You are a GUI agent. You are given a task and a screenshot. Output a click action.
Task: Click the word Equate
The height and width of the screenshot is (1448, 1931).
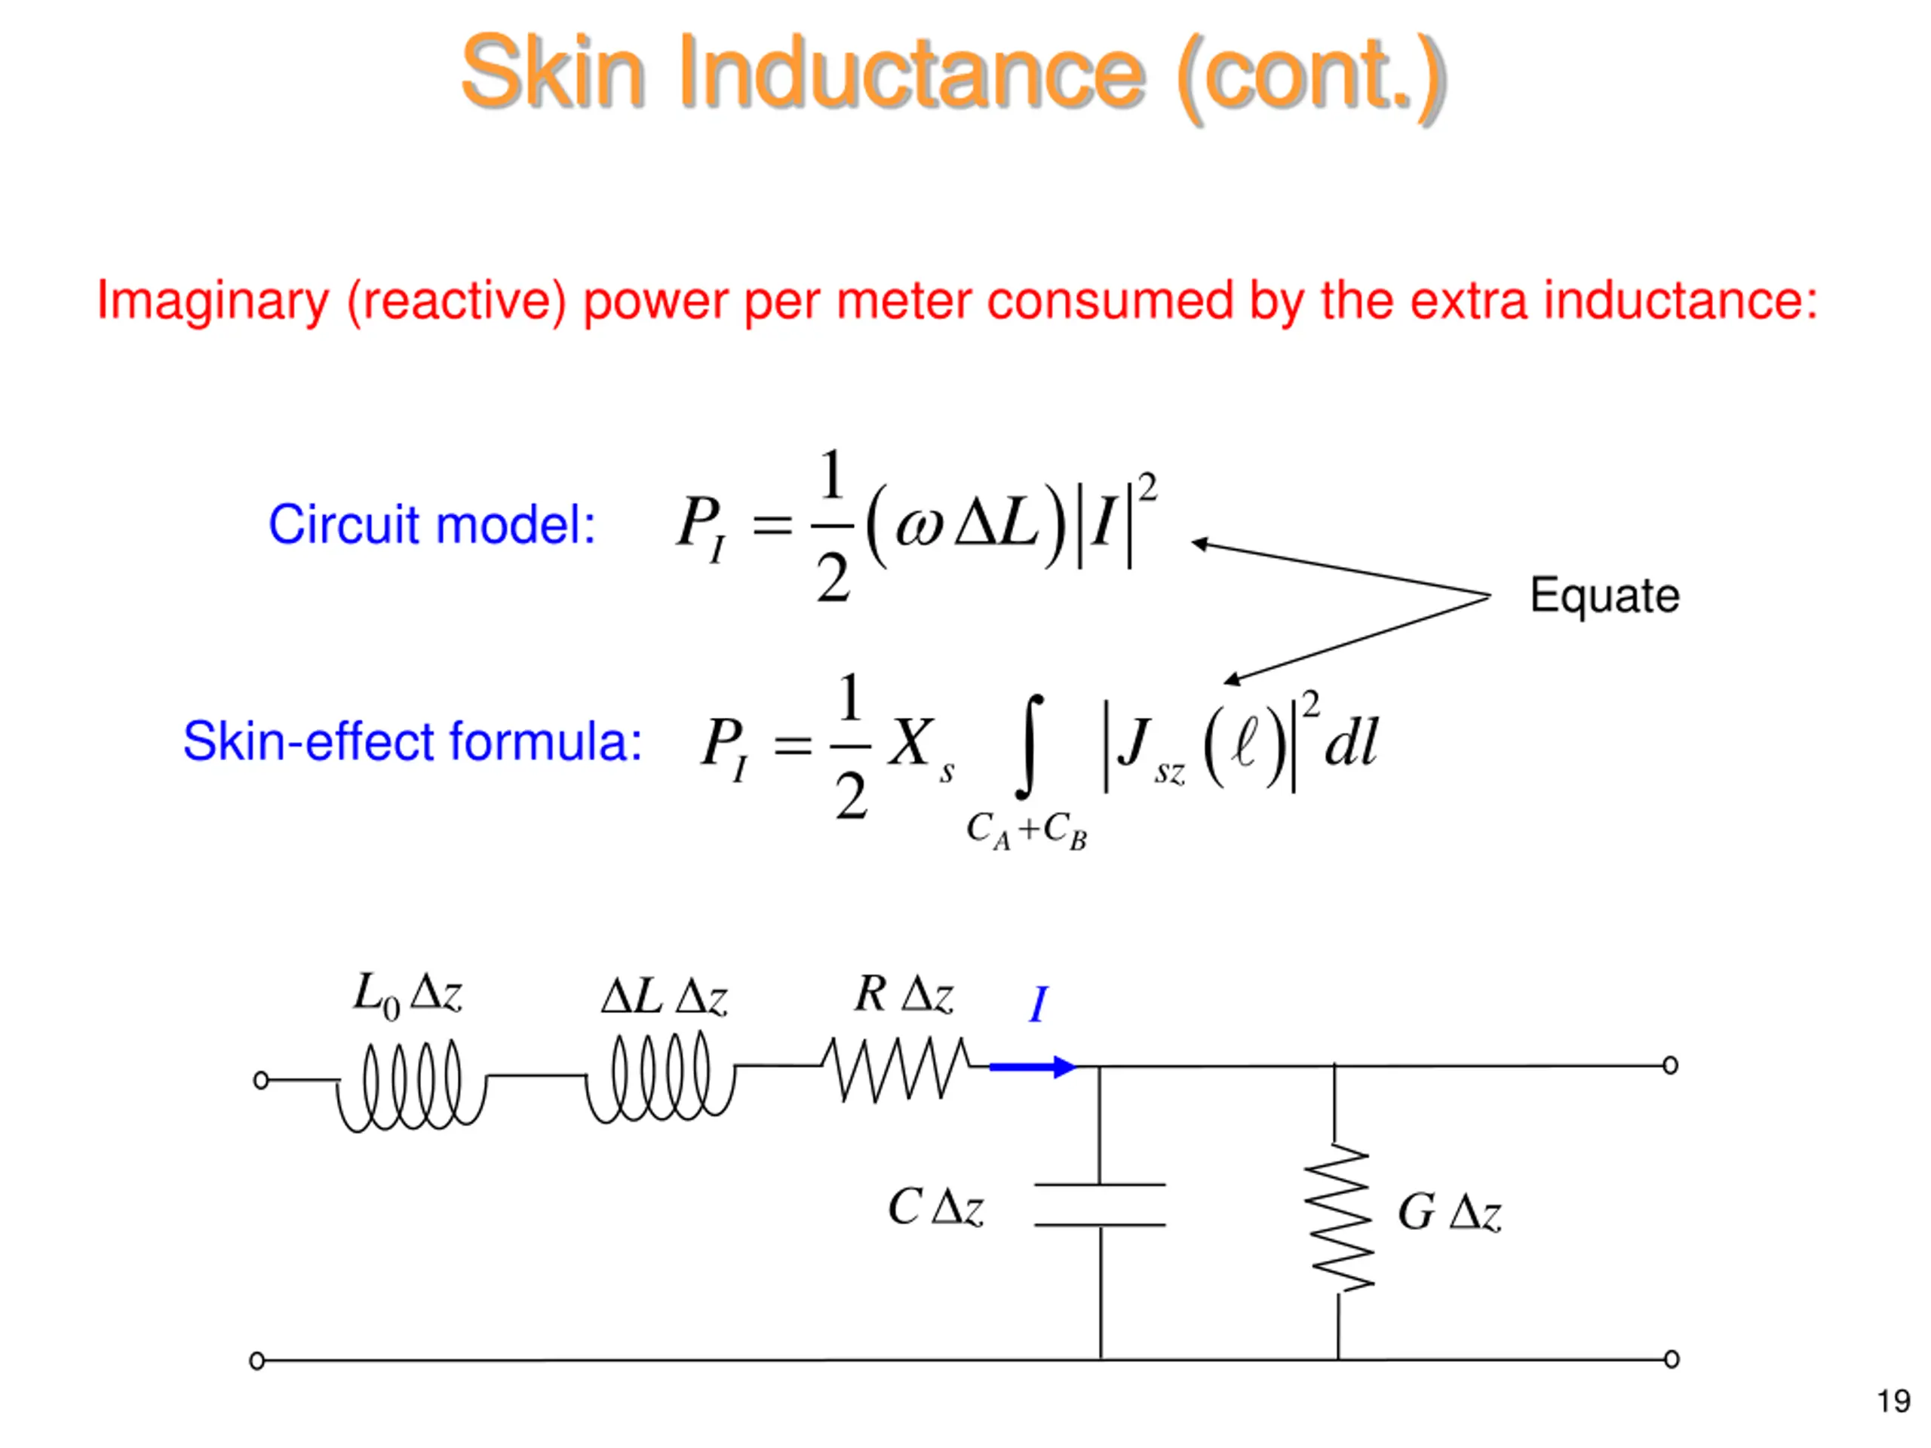(x=1604, y=596)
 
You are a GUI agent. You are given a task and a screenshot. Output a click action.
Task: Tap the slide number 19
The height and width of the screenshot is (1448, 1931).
(x=1893, y=1402)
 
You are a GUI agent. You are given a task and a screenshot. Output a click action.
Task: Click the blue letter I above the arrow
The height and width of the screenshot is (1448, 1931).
(x=1038, y=1005)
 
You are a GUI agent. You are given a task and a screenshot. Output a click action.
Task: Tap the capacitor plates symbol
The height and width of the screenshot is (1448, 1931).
(x=1100, y=1204)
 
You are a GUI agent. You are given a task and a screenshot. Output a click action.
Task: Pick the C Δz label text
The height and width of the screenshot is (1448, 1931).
(x=935, y=1208)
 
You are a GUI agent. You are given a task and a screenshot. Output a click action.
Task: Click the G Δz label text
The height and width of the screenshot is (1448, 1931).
(x=1449, y=1213)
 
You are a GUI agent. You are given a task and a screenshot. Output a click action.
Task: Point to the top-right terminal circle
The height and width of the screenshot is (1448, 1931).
(x=1670, y=1066)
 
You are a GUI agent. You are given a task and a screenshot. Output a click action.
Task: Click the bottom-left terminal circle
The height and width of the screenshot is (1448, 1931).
(x=256, y=1361)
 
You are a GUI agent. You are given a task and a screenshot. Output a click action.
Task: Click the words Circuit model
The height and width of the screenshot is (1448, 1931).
(x=431, y=525)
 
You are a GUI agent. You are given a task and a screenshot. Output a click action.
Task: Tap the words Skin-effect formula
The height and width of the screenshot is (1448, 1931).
(x=412, y=741)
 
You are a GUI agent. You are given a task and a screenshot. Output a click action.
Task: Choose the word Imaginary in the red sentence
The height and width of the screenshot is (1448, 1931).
(x=212, y=301)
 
